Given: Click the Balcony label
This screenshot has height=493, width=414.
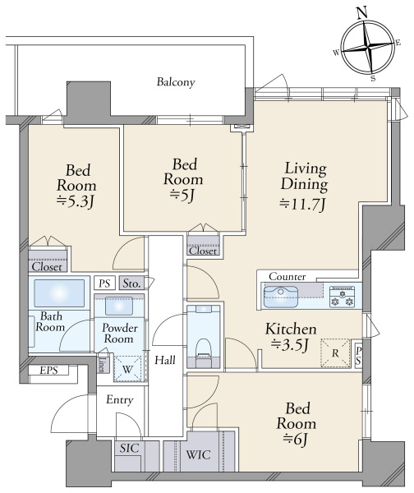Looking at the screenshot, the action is point(176,82).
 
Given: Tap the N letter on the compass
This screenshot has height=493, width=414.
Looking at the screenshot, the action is point(363,13).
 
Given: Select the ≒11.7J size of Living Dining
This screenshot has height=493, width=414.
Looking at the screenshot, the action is point(303,205).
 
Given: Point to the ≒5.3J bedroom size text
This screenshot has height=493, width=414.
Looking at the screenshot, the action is point(76,201).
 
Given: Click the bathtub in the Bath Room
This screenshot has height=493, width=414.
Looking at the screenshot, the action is point(59,293).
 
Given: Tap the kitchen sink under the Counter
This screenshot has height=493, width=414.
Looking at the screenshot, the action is point(280,297).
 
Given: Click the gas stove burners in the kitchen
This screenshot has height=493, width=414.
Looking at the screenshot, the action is point(342,297).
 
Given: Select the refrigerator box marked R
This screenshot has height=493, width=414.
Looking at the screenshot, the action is point(335,352).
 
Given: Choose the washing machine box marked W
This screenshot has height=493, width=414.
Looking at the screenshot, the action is point(127,369).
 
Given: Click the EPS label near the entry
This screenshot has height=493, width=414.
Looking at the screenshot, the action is point(48,371).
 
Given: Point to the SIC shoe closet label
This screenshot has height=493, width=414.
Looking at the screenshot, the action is point(129,449).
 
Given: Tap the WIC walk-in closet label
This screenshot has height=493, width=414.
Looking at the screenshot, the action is point(198,454).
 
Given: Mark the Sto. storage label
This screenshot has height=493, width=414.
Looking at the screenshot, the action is point(131,283).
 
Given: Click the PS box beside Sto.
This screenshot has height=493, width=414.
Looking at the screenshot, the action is point(104,283).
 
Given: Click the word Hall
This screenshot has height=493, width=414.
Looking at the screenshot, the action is point(165,360).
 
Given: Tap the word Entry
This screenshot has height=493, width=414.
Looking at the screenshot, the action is point(119,400).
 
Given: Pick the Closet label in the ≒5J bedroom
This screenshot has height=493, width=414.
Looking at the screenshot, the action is point(203,251).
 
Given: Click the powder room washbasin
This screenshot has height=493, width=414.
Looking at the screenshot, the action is point(119,306).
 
